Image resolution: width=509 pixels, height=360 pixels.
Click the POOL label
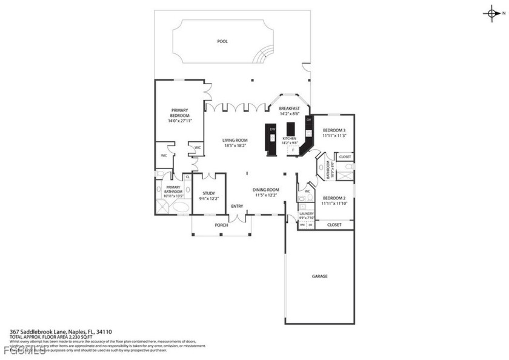[222, 42]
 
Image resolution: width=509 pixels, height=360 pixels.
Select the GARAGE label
[319, 276]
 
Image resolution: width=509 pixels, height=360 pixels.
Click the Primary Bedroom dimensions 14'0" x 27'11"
[179, 121]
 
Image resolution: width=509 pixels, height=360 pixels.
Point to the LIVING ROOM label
[235, 140]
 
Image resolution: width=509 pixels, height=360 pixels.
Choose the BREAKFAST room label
[290, 108]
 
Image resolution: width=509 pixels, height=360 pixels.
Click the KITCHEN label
[290, 138]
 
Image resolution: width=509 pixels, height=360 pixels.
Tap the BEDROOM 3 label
[334, 131]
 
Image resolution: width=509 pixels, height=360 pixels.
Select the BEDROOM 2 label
[334, 199]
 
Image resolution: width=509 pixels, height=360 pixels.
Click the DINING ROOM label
[265, 189]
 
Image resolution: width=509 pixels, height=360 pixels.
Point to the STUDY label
[208, 193]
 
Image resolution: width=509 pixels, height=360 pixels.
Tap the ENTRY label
[237, 206]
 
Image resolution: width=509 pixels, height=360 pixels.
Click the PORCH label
[221, 225]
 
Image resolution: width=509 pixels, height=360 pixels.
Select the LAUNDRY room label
[306, 213]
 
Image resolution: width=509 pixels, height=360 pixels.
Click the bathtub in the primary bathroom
[180, 206]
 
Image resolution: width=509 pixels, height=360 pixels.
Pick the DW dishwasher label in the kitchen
[273, 130]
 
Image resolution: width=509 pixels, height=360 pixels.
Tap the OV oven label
[308, 120]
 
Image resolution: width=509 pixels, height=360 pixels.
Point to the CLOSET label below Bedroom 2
[334, 225]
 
